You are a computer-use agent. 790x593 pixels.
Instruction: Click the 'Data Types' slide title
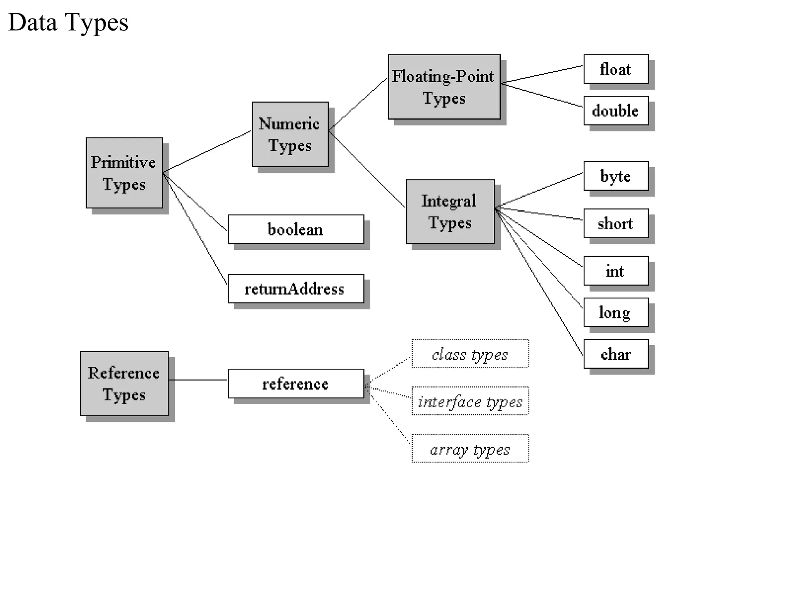point(68,22)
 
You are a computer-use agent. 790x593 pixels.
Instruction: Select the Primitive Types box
point(124,173)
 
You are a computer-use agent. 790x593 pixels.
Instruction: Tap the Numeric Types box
point(290,134)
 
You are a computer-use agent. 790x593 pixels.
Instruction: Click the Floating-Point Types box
point(444,87)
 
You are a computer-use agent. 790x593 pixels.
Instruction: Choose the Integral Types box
point(450,212)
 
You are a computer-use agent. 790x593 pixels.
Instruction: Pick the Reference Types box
point(124,383)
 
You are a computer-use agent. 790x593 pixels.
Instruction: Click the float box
point(616,69)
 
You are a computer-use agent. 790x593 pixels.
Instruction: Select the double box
point(616,110)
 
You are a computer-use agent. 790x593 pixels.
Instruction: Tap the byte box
point(616,176)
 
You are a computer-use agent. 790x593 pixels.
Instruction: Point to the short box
point(616,224)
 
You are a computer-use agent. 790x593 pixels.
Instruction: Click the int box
point(616,271)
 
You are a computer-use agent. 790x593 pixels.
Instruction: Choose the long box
point(616,312)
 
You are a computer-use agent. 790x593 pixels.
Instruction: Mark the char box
point(616,354)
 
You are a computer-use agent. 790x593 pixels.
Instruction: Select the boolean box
point(296,229)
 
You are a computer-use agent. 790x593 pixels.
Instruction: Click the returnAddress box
point(296,289)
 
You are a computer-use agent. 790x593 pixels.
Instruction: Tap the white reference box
point(296,384)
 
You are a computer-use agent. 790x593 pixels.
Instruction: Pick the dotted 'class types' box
point(470,354)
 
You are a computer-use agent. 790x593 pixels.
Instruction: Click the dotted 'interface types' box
point(470,401)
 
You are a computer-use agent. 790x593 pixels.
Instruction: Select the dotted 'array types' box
point(470,449)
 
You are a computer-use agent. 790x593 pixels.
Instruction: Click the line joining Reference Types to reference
point(198,380)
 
